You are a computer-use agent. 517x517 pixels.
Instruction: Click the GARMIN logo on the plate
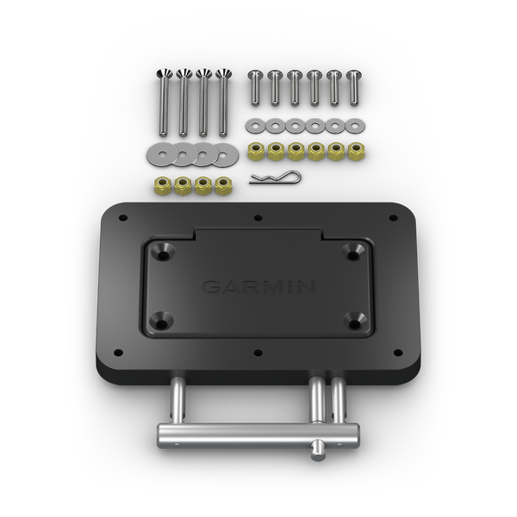(258, 286)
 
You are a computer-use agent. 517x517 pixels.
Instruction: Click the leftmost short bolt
(254, 87)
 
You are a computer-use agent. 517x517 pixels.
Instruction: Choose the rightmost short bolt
(352, 87)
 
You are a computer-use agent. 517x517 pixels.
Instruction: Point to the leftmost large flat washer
(160, 155)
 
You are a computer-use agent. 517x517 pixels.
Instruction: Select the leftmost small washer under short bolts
(254, 126)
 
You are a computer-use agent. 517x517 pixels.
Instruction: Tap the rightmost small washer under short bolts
(352, 126)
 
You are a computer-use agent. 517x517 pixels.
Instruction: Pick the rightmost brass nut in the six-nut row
(352, 152)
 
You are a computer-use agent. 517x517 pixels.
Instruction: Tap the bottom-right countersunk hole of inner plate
(352, 318)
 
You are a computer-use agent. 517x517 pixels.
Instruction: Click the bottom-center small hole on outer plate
(258, 352)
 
